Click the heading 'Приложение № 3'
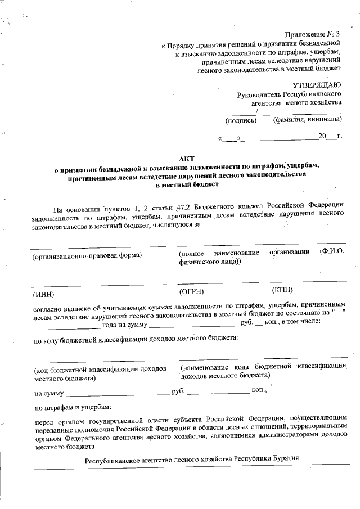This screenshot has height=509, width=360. [x=313, y=35]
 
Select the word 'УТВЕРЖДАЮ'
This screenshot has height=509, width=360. [x=316, y=84]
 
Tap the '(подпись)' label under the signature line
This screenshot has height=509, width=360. [x=241, y=120]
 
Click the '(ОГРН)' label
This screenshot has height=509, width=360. [x=191, y=291]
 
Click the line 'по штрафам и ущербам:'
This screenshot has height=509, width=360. [x=73, y=407]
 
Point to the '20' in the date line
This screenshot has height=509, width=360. [x=322, y=137]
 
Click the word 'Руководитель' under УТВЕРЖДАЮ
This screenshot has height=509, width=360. [x=259, y=94]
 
